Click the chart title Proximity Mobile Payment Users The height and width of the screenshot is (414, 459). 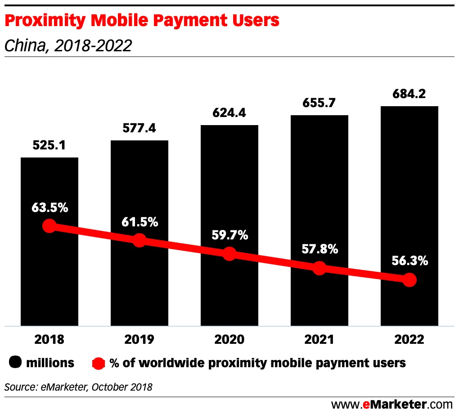pyautogui.click(x=142, y=21)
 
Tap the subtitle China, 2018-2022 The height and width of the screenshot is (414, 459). pyautogui.click(x=68, y=45)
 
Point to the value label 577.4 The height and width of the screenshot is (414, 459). pyautogui.click(x=139, y=129)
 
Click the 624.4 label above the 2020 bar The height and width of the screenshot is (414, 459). pyautogui.click(x=229, y=113)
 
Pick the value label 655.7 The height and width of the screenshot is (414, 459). pyautogui.click(x=319, y=103)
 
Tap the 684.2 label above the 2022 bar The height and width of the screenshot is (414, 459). pyautogui.click(x=409, y=94)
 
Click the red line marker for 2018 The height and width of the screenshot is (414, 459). pyautogui.click(x=49, y=226)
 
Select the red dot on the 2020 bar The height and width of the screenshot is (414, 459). pyautogui.click(x=229, y=254)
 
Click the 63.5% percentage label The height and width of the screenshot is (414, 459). pyautogui.click(x=49, y=208)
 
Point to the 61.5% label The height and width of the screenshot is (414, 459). pyautogui.click(x=139, y=222)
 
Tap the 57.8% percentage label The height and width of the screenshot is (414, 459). pyautogui.click(x=319, y=249)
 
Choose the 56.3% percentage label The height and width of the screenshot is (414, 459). pyautogui.click(x=409, y=261)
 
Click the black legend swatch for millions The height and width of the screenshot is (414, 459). pyautogui.click(x=16, y=363)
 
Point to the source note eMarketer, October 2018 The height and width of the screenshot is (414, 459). pyautogui.click(x=79, y=387)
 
